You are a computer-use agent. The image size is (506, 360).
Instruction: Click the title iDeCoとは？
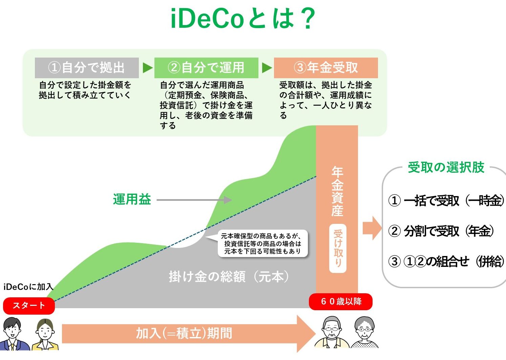tap(243, 19)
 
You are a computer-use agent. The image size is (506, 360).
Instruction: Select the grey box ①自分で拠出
tap(87, 68)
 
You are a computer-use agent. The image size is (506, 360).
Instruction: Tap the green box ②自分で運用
tap(206, 68)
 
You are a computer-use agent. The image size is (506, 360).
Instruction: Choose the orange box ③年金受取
tap(326, 68)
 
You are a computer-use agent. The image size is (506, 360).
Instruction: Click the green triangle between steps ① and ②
tap(148, 68)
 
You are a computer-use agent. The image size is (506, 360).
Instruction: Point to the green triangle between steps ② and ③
tap(267, 68)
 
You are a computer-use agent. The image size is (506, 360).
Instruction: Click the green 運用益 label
tap(132, 199)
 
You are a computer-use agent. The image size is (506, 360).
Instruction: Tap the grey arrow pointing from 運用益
tap(194, 200)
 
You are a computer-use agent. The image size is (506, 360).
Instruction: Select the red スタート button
tap(29, 306)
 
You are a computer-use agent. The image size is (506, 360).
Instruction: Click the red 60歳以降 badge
tap(341, 301)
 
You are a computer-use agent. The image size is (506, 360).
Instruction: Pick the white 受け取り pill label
tap(338, 248)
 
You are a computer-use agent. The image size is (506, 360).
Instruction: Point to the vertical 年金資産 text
tap(337, 191)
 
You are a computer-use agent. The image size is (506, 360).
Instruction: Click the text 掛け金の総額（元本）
tap(229, 277)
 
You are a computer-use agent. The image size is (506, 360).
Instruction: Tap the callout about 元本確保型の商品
tap(262, 243)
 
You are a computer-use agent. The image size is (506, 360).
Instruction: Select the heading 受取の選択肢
tap(446, 167)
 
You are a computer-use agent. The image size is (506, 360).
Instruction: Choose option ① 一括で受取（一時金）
tap(446, 200)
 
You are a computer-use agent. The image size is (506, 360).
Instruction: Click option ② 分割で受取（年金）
tap(441, 231)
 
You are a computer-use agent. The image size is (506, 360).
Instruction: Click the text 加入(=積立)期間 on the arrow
tap(184, 333)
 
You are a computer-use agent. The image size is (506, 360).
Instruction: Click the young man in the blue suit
tap(14, 334)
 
